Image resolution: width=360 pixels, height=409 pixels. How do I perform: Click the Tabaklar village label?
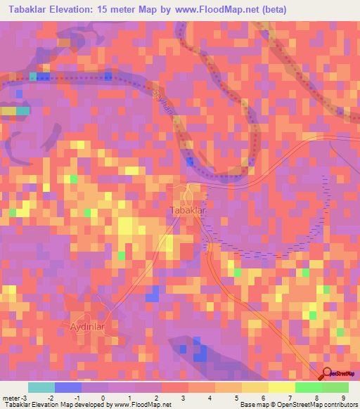click(x=186, y=210)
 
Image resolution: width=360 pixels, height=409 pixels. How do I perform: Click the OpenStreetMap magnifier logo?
click(x=328, y=374)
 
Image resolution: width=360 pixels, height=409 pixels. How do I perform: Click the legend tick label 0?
click(x=103, y=398)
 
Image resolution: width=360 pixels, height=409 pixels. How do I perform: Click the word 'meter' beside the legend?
click(x=11, y=398)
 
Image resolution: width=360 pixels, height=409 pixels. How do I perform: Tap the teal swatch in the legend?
click(x=41, y=387)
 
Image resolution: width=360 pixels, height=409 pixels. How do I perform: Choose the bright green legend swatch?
click(x=308, y=387)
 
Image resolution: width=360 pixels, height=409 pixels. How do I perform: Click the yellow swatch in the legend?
click(x=255, y=387)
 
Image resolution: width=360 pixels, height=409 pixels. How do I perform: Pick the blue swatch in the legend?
click(x=67, y=387)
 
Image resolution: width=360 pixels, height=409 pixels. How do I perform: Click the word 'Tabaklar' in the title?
click(x=29, y=9)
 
